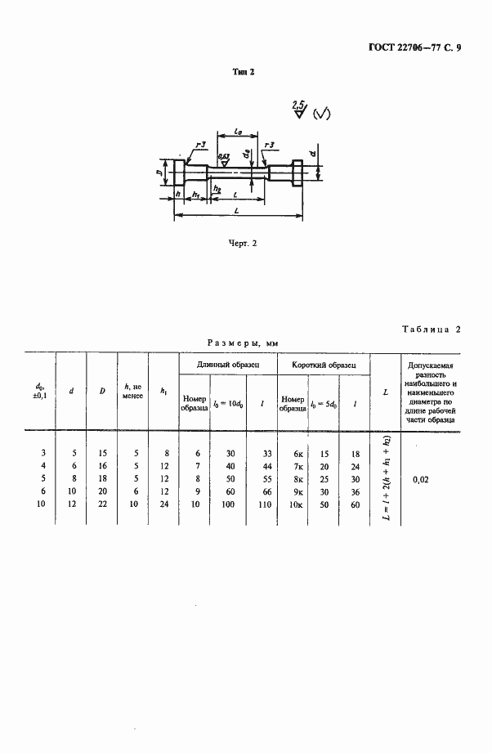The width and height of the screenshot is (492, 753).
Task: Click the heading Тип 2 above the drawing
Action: point(244,72)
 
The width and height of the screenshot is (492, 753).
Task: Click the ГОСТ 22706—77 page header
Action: point(409,47)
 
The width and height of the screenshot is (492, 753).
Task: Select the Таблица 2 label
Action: point(432,329)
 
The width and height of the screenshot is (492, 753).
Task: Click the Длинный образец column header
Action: point(229,363)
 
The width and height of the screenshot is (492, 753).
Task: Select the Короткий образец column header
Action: point(324,363)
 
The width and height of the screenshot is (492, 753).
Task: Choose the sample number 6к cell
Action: point(293,453)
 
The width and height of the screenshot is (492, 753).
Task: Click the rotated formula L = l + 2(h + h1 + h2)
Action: point(385,478)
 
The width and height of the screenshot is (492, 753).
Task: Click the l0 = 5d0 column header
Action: point(324,401)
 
